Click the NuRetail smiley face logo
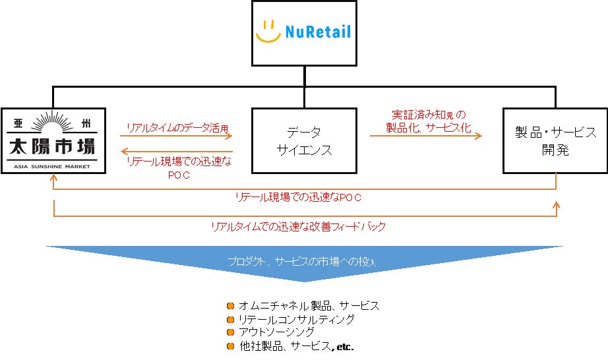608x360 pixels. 268,32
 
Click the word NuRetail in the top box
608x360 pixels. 319,31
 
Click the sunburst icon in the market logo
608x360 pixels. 54,123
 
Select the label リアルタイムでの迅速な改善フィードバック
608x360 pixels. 298,226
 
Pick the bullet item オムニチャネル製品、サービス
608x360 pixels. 309,306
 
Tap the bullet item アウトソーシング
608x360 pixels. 276,332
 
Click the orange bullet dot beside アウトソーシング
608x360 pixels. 230,332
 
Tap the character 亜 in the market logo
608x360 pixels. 19,122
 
